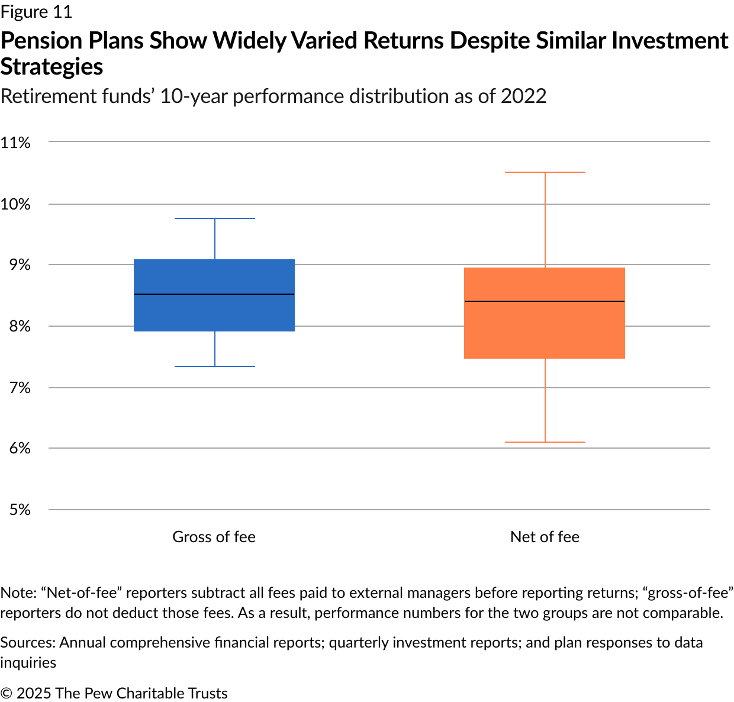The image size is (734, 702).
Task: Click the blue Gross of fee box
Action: (x=214, y=278)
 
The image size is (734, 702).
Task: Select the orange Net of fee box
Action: (x=545, y=331)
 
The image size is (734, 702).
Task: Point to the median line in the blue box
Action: (x=214, y=294)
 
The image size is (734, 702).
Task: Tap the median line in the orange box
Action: (x=545, y=301)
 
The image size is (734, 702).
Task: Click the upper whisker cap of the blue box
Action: (x=214, y=218)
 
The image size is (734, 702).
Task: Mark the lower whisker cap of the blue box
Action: (x=214, y=366)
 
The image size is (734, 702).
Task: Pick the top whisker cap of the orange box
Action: (x=545, y=172)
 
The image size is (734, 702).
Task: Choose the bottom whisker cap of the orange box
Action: (x=545, y=442)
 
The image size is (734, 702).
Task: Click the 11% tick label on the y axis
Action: (x=15, y=142)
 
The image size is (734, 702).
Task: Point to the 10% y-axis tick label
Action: (x=15, y=204)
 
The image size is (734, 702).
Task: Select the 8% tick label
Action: (x=20, y=326)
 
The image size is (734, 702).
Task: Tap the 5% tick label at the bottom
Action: (x=20, y=510)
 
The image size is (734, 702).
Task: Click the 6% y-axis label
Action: (x=20, y=448)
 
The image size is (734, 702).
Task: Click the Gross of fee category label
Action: (x=214, y=537)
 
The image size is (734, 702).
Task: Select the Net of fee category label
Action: (x=545, y=537)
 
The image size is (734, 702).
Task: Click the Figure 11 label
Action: (x=36, y=12)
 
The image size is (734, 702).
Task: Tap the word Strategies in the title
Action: (x=51, y=67)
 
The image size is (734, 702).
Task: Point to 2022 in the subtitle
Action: (x=523, y=96)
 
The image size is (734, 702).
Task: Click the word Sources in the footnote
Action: (x=27, y=642)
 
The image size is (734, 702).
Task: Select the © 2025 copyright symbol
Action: (x=6, y=693)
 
